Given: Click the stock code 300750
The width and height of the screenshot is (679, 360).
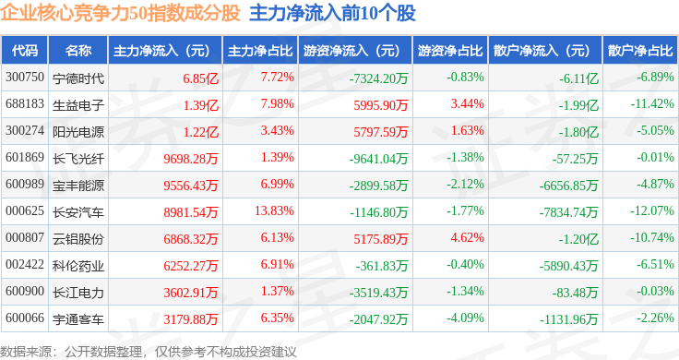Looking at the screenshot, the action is pyautogui.click(x=25, y=78).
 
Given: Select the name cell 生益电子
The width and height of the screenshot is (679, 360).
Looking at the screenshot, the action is pyautogui.click(x=77, y=105).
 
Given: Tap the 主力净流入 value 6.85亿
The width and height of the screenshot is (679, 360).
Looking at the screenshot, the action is pyautogui.click(x=200, y=78).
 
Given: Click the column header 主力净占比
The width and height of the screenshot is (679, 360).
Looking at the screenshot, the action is pyautogui.click(x=260, y=51).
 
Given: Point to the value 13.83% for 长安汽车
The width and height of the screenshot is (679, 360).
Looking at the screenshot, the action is pyautogui.click(x=275, y=211).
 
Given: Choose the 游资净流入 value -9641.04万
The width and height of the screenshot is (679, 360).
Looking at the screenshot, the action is pyautogui.click(x=378, y=159).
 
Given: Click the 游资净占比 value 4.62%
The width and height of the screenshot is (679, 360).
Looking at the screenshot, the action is pyautogui.click(x=467, y=238).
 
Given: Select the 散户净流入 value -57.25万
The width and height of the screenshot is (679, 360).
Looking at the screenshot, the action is pyautogui.click(x=575, y=159).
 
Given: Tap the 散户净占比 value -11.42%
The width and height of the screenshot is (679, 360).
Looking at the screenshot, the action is pyautogui.click(x=652, y=104).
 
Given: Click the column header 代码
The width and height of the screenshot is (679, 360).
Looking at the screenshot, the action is pyautogui.click(x=25, y=51).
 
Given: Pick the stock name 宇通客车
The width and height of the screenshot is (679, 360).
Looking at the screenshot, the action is pyautogui.click(x=77, y=319).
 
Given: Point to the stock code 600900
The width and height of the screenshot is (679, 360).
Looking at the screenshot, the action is pyautogui.click(x=25, y=291).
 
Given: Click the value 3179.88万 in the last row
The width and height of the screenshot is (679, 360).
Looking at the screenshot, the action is pyautogui.click(x=191, y=319).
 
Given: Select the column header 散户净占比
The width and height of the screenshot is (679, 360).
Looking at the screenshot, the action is pyautogui.click(x=640, y=51).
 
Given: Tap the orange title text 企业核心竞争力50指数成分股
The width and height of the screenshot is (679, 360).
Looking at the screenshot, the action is pyautogui.click(x=120, y=13).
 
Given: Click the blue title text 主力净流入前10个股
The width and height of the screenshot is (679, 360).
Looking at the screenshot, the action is pyautogui.click(x=332, y=13).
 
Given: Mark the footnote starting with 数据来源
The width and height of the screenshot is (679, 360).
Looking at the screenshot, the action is pyautogui.click(x=149, y=352).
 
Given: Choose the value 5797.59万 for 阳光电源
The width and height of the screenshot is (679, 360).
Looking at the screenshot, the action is pyautogui.click(x=381, y=132).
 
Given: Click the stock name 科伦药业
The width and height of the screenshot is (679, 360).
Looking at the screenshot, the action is pyautogui.click(x=77, y=266).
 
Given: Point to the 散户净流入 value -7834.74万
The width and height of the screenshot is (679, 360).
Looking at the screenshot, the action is pyautogui.click(x=568, y=212).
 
